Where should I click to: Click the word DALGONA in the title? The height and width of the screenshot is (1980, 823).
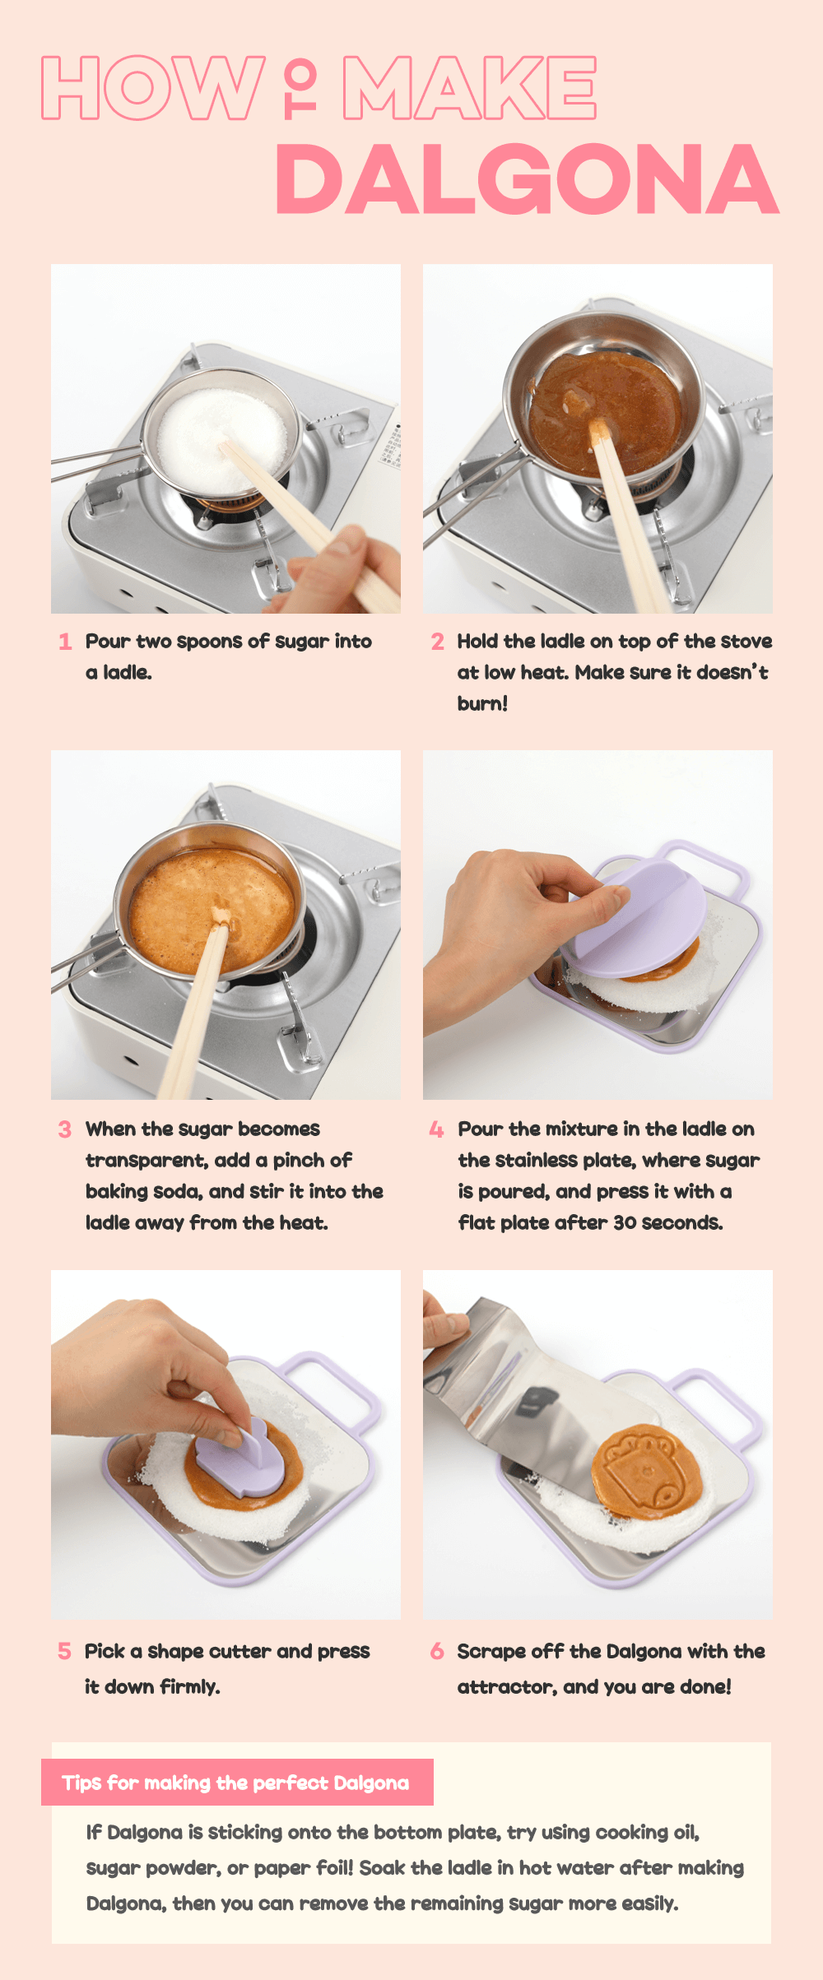(528, 179)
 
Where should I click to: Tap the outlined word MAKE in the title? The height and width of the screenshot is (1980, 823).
(469, 88)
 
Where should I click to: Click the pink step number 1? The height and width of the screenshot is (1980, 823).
(66, 642)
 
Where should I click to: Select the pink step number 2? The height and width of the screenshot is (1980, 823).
(438, 642)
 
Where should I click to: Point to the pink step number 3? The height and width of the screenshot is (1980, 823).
(65, 1129)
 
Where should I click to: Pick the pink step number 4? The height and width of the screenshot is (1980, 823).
(437, 1129)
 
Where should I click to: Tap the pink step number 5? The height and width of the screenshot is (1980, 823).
(64, 1651)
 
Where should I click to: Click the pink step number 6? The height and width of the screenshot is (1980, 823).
(437, 1651)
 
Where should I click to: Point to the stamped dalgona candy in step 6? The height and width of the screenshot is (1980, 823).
(646, 1472)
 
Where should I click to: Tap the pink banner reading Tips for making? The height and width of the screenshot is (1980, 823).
(237, 1783)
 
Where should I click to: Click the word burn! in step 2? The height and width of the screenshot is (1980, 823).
(482, 704)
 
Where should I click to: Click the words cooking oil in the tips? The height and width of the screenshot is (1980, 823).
(647, 1833)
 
